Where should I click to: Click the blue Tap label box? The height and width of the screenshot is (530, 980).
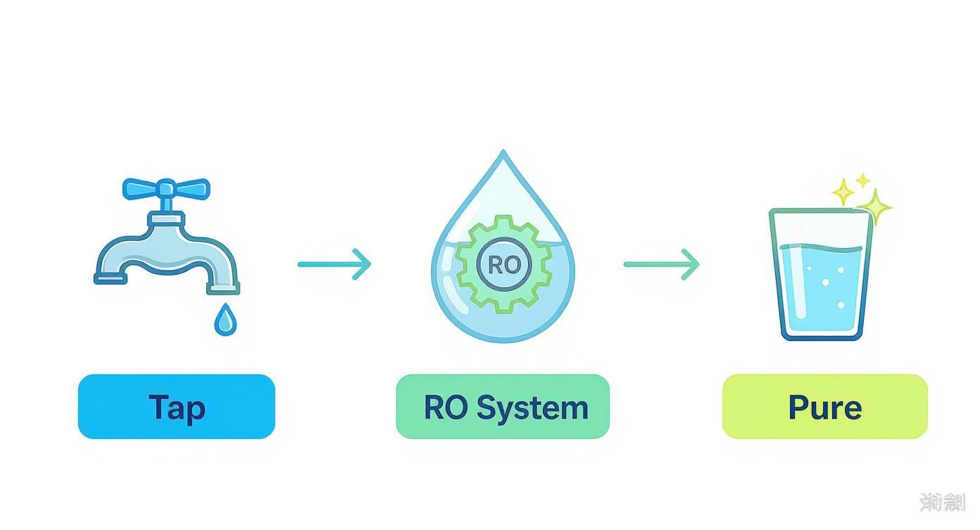pos(176,407)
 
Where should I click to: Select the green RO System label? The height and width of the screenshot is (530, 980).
pos(503,407)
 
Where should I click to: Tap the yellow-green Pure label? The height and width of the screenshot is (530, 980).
pos(824,407)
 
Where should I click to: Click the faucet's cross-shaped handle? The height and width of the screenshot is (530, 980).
pos(166,189)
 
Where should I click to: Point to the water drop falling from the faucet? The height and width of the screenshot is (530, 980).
pos(225,319)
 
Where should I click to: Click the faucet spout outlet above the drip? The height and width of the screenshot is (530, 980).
pos(222,287)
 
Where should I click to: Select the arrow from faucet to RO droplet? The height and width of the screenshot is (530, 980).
pos(334,264)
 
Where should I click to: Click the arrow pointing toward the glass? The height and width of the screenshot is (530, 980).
pos(661,264)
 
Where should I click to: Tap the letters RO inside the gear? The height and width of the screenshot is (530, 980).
pos(503,265)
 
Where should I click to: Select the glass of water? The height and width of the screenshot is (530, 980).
pos(821,275)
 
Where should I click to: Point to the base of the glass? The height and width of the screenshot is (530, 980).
pos(821,334)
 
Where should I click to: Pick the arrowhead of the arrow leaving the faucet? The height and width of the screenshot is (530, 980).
pos(363,264)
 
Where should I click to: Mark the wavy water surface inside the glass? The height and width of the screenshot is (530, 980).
pos(821,248)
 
